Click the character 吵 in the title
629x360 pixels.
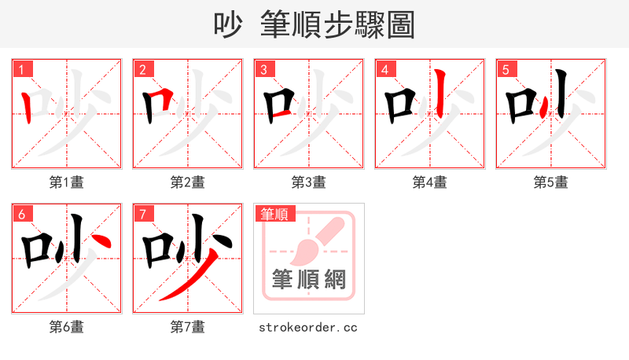pyautogui.click(x=230, y=25)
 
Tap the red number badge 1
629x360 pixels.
pyautogui.click(x=20, y=69)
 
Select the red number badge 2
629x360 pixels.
pyautogui.click(x=142, y=69)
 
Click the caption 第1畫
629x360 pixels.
pyautogui.click(x=67, y=182)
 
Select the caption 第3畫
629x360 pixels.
pyautogui.click(x=309, y=182)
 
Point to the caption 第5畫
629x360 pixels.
pyautogui.click(x=551, y=182)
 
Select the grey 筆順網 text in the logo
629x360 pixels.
pyautogui.click(x=308, y=280)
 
